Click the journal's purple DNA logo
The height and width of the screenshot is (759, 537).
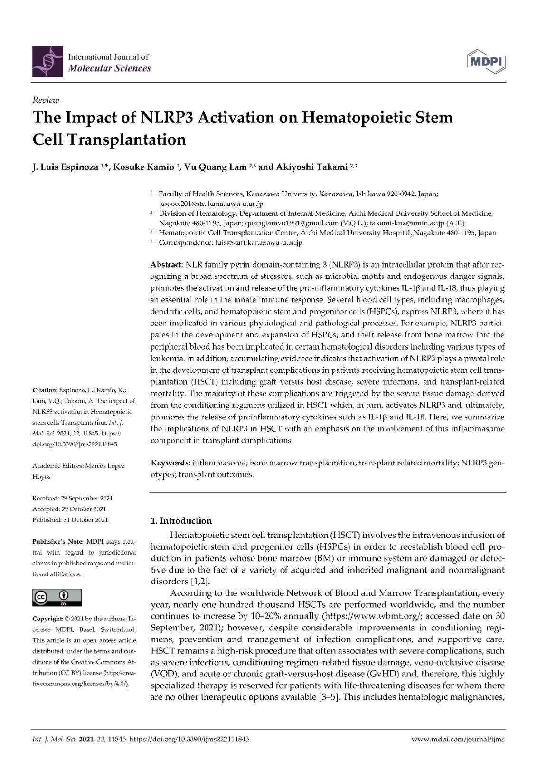click(x=47, y=62)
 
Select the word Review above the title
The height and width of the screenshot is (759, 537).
click(x=46, y=100)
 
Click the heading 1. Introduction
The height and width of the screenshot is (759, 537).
click(x=181, y=521)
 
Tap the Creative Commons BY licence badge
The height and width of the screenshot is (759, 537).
click(x=57, y=598)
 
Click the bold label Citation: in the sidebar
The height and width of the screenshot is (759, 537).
click(x=45, y=390)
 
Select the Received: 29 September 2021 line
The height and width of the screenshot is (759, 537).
click(x=72, y=498)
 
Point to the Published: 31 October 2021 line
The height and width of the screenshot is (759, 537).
click(x=70, y=519)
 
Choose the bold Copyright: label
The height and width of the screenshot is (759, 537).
click(x=47, y=619)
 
